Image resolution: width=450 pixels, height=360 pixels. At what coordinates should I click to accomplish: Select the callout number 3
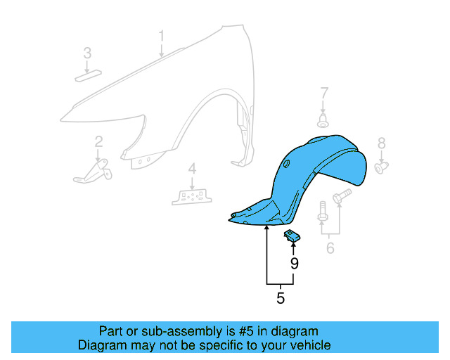(87, 53)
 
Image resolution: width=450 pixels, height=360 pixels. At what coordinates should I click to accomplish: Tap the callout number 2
(98, 141)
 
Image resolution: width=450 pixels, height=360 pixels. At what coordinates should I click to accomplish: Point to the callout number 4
(191, 169)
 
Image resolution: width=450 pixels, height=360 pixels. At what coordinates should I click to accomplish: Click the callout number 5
(281, 298)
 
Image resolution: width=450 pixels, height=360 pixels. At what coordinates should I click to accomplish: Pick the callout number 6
(330, 247)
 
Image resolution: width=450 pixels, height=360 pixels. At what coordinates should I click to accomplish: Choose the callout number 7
(324, 93)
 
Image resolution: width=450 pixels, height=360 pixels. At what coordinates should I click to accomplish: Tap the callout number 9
(294, 264)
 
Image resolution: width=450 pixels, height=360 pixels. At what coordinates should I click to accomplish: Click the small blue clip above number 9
(292, 236)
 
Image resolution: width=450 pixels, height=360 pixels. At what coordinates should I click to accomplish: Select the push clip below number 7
(323, 122)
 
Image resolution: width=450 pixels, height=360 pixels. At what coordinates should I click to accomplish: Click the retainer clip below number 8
(382, 167)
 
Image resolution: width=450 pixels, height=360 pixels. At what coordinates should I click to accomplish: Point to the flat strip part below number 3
(88, 77)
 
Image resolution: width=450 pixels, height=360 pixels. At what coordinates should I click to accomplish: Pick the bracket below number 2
(95, 171)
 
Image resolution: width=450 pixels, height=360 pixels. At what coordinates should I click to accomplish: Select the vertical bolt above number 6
(322, 214)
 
